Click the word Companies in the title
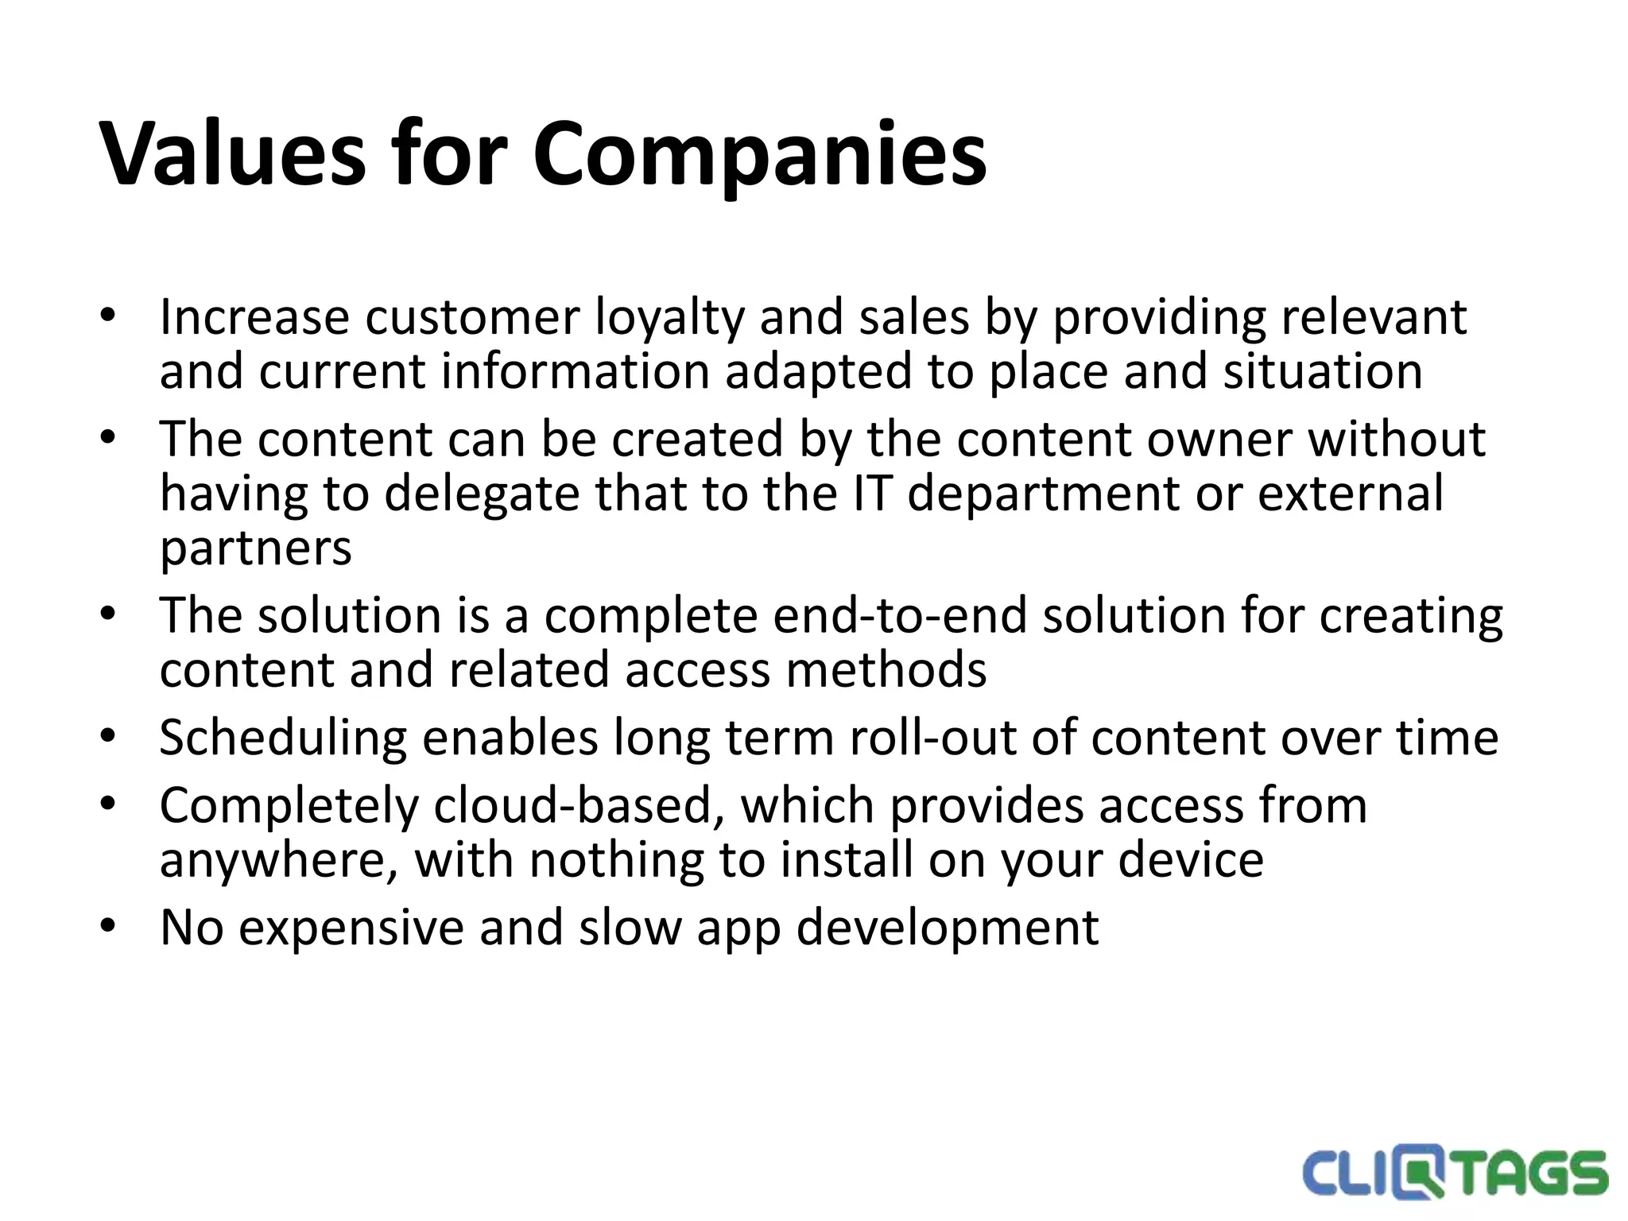[x=759, y=155]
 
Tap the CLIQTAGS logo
[x=1454, y=1173]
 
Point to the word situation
[x=1323, y=371]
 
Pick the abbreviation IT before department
[x=870, y=493]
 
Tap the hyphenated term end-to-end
[x=900, y=616]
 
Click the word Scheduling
[x=283, y=739]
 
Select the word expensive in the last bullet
[x=351, y=928]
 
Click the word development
[x=948, y=928]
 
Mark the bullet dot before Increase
[x=108, y=316]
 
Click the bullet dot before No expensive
[x=108, y=926]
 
